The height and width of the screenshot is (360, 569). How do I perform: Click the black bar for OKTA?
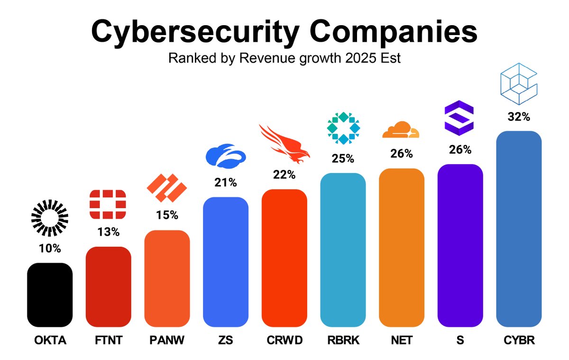pyautogui.click(x=50, y=295)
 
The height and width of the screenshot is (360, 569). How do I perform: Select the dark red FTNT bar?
pyautogui.click(x=108, y=286)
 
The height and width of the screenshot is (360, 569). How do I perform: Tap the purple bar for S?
pyautogui.click(x=460, y=245)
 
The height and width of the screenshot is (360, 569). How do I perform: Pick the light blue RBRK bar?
pyautogui.click(x=343, y=250)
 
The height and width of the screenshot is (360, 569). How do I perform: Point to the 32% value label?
pyautogui.click(x=518, y=117)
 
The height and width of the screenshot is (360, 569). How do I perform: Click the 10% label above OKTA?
pyautogui.click(x=50, y=249)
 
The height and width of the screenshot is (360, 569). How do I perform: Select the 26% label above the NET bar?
pyautogui.click(x=402, y=154)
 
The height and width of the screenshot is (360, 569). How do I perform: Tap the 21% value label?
pyautogui.click(x=225, y=183)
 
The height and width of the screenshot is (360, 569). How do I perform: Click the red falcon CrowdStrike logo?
pyautogui.click(x=284, y=142)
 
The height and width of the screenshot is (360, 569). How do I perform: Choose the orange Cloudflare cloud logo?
pyautogui.click(x=401, y=130)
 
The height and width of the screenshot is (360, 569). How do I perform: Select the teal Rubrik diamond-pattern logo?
pyautogui.click(x=343, y=128)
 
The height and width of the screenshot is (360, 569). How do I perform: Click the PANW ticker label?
pyautogui.click(x=167, y=341)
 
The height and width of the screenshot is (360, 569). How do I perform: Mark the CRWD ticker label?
pyautogui.click(x=284, y=341)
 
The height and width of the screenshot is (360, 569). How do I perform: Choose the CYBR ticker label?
pyautogui.click(x=518, y=341)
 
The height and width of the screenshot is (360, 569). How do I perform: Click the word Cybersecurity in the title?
pyautogui.click(x=194, y=32)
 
